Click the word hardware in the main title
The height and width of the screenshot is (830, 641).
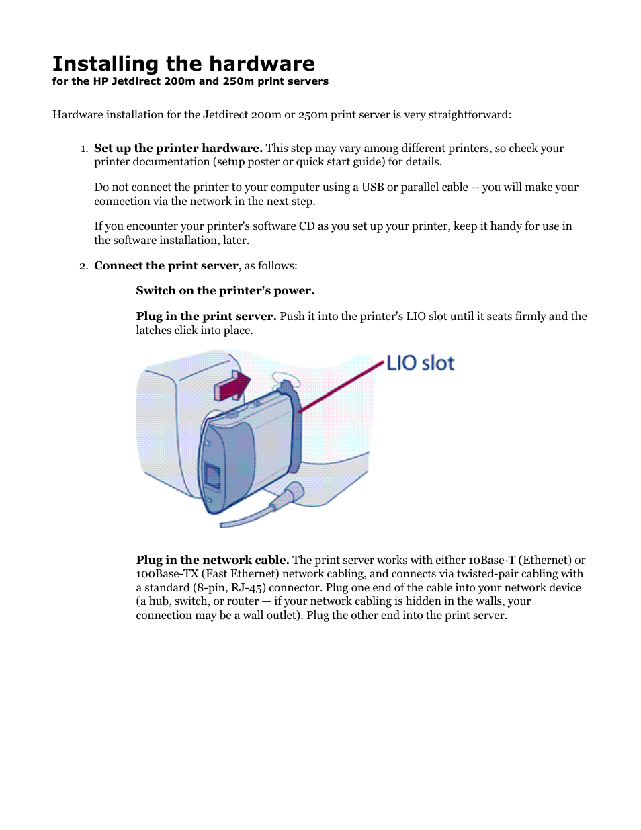coord(264,64)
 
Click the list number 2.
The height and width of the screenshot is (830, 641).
coord(83,266)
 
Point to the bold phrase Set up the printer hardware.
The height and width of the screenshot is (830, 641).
coord(178,148)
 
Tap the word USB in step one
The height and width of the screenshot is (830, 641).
coord(372,187)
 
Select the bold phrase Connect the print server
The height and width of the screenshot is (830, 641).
coord(166,265)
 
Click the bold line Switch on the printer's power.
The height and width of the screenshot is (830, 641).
coord(225,290)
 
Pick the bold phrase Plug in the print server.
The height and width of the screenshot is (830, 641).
coord(206,316)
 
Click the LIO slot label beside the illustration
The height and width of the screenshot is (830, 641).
coord(421,363)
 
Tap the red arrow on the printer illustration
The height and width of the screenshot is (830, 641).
coord(232,386)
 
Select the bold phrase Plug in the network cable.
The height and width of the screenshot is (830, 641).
coord(212,560)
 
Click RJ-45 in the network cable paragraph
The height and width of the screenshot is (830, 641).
coord(249,587)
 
